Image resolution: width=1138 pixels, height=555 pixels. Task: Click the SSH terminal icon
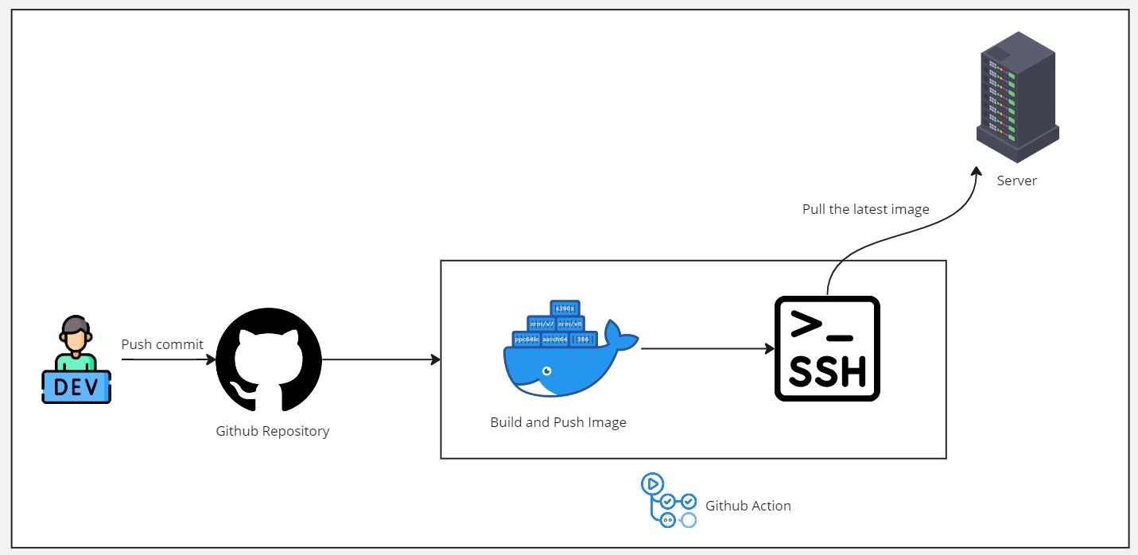(x=827, y=348)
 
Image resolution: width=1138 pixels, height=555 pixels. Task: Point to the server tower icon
(x=1017, y=97)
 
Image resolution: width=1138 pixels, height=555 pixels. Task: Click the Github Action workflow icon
(x=668, y=500)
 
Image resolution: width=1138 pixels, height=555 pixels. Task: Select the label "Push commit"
(x=162, y=344)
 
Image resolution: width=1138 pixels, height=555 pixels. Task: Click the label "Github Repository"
(x=272, y=431)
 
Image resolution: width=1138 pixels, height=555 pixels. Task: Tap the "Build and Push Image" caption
(x=558, y=422)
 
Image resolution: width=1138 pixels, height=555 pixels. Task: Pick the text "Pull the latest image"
(x=866, y=209)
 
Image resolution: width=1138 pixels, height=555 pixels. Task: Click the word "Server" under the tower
(x=1017, y=180)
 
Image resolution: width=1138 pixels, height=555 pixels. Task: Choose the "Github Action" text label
(x=748, y=506)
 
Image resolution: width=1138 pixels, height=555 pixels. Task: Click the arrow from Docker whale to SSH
(x=707, y=348)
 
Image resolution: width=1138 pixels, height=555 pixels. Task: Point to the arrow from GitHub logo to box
(x=381, y=359)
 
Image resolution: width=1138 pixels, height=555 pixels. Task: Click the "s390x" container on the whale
(x=565, y=308)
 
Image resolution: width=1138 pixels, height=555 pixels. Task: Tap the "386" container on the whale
(x=583, y=340)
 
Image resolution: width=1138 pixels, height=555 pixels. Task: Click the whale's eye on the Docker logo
(x=546, y=371)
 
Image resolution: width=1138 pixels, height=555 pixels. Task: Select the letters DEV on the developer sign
(x=76, y=388)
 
